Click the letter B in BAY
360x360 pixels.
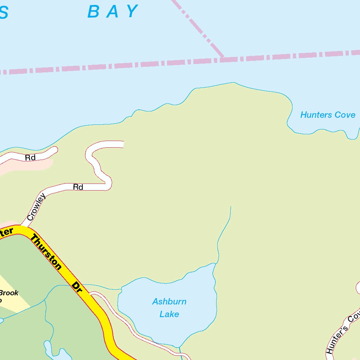coord(94,11)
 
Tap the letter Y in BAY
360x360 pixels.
coord(132,11)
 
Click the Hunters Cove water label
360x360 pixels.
coord(328,115)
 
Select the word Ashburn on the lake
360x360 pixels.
coord(169,302)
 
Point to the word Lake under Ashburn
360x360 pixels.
coord(169,314)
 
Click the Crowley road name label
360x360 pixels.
coord(37,207)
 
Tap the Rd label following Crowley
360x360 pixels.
coord(78,187)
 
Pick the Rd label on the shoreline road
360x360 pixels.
coord(30,158)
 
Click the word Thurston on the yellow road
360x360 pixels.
coord(46,252)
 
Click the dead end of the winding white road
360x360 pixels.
coord(123,144)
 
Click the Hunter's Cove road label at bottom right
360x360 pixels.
coord(343,332)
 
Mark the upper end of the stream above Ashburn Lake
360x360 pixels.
coord(231,207)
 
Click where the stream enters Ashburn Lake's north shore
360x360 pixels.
coord(215,263)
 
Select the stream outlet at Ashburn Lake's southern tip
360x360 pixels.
coord(179,347)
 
